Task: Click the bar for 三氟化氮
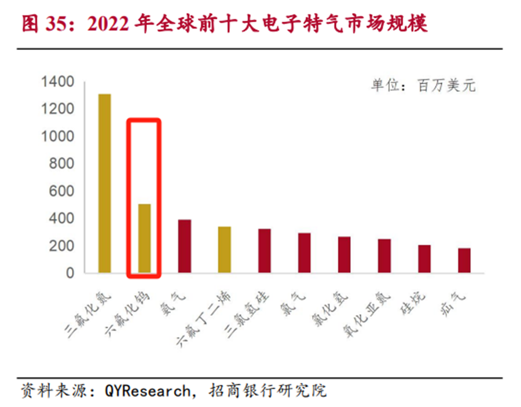click(105, 183)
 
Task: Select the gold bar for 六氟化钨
click(145, 238)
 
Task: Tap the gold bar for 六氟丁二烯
click(224, 249)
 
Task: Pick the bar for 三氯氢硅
click(264, 250)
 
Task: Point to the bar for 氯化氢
click(344, 254)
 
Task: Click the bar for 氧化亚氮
click(384, 255)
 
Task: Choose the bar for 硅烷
click(424, 259)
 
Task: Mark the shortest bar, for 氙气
click(464, 260)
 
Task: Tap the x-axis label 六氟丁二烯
click(204, 319)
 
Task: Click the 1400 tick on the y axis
click(57, 82)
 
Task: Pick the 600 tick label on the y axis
click(61, 191)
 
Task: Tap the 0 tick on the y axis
click(70, 273)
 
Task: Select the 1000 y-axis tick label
click(57, 136)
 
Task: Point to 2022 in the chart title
click(108, 24)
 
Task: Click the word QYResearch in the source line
click(147, 391)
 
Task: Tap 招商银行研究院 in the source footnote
click(267, 391)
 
